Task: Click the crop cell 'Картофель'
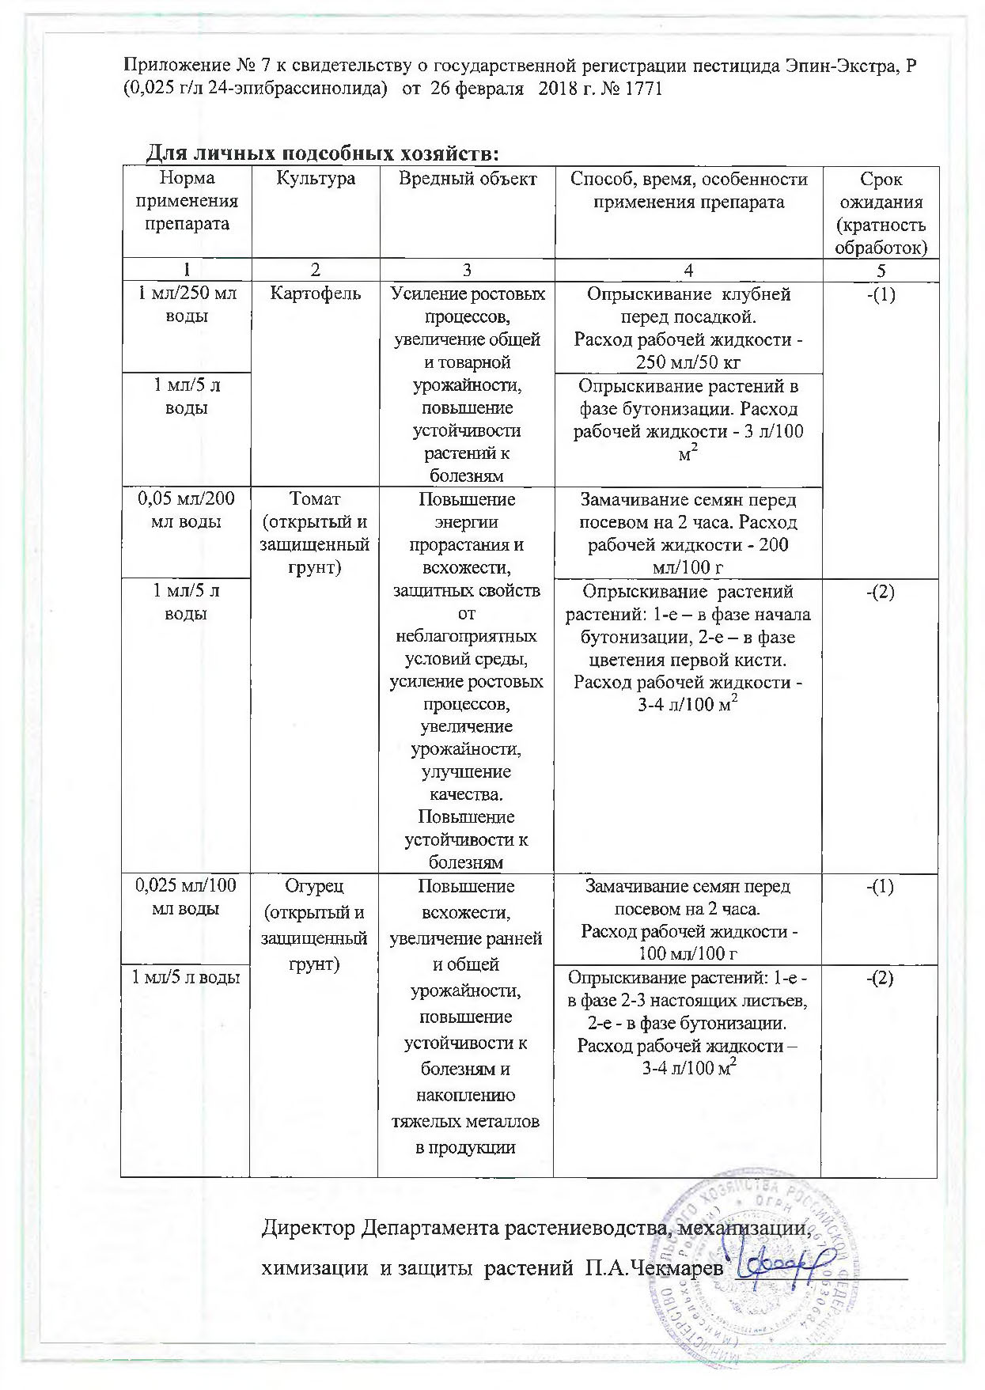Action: [x=315, y=294]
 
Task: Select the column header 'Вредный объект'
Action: [x=467, y=180]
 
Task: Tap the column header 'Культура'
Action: [x=315, y=179]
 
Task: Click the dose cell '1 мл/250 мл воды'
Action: [x=187, y=305]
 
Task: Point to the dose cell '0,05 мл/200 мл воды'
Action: [x=186, y=510]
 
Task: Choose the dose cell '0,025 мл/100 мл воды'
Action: [x=186, y=896]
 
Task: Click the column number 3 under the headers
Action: [x=467, y=271]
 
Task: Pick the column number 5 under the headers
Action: [x=881, y=271]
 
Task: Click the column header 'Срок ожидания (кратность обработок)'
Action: [x=881, y=213]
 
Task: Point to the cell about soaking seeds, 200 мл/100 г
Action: [x=688, y=532]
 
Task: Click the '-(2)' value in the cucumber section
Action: [x=880, y=978]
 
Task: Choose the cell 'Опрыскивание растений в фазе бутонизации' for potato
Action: [x=688, y=419]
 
